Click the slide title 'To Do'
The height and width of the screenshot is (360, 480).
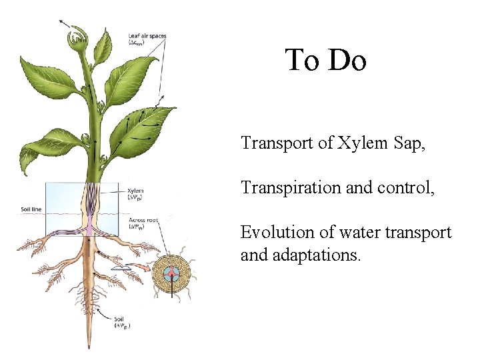(326, 61)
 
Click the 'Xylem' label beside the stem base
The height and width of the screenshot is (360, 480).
(135, 191)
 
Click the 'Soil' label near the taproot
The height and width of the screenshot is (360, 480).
(120, 322)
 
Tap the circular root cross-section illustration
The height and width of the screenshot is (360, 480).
(171, 273)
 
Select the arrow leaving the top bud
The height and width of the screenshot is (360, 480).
(65, 23)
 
